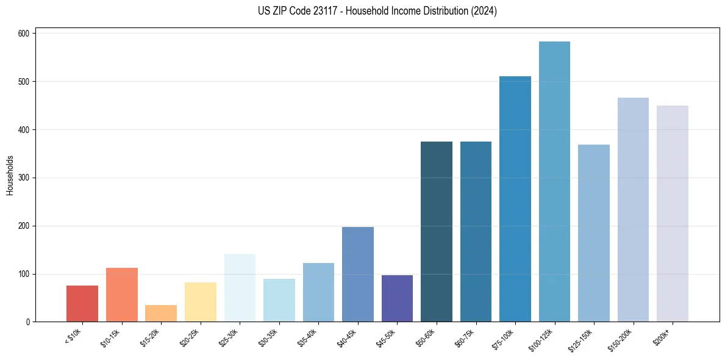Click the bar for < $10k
[x=82, y=303]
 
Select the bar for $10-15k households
[x=122, y=295]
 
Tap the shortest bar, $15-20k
[x=161, y=313]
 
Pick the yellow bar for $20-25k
[x=201, y=302]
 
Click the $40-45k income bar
[x=358, y=275]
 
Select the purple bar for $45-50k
[x=397, y=298]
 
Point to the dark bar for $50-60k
[x=437, y=232]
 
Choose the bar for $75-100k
[x=515, y=199]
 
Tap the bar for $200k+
[x=673, y=214]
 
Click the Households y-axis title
[x=10, y=175]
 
